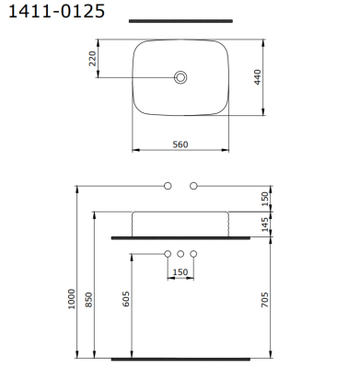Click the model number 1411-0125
(56, 11)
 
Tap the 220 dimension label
(92, 59)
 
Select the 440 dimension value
(258, 77)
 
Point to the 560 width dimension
(180, 144)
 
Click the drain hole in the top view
(180, 77)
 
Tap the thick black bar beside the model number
(180, 21)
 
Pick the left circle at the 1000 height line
(168, 186)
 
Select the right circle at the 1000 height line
(193, 186)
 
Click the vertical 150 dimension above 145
(265, 199)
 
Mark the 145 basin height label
(265, 224)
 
